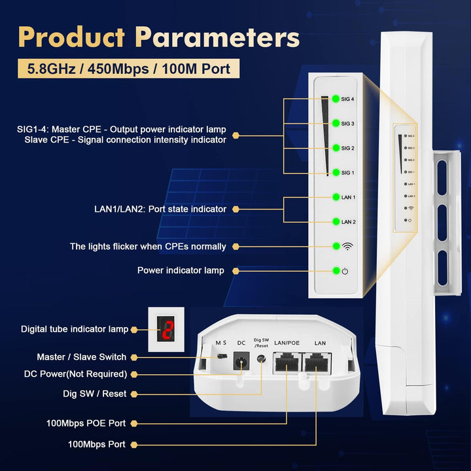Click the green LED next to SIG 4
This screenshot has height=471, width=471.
pyautogui.click(x=336, y=99)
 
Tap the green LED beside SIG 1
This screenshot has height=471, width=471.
pyautogui.click(x=336, y=173)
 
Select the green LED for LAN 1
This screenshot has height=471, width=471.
pyautogui.click(x=336, y=197)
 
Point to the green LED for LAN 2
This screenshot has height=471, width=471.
pyautogui.click(x=336, y=222)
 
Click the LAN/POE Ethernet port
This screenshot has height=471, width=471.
pyautogui.click(x=287, y=363)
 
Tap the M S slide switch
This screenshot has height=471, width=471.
pyautogui.click(x=222, y=357)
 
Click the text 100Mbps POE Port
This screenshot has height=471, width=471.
pyautogui.click(x=85, y=423)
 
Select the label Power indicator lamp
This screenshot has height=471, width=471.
pyautogui.click(x=181, y=270)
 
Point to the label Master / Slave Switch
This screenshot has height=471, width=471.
pyautogui.click(x=82, y=357)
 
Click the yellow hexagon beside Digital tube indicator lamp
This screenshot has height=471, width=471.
pyautogui.click(x=135, y=329)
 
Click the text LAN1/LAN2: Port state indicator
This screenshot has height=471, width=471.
pyautogui.click(x=160, y=209)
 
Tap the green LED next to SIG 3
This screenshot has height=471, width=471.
pyautogui.click(x=336, y=123)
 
